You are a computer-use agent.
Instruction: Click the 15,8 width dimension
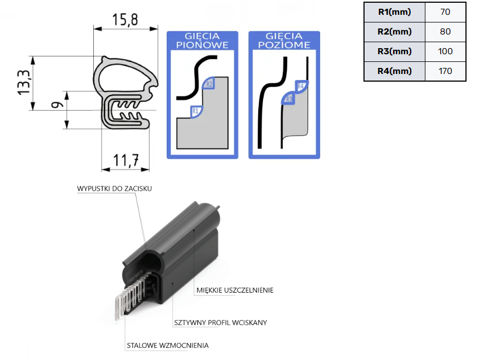point(125,20)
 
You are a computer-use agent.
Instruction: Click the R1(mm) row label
point(394,12)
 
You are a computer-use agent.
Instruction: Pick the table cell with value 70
point(445,12)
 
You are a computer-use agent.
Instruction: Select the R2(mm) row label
point(394,32)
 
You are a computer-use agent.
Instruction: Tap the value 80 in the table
point(445,32)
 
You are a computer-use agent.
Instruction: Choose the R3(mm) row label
point(394,52)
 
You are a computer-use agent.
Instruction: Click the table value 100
point(445,52)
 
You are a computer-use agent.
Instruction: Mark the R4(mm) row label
point(394,71)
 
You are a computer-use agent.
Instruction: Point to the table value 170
point(445,71)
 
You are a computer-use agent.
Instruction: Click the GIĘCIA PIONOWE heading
point(202,41)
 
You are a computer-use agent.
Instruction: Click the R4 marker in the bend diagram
point(300,86)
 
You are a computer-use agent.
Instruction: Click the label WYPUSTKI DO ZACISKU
point(114,188)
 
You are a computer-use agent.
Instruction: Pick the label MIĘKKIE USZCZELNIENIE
point(235,290)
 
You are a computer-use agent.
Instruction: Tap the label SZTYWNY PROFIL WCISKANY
point(220,323)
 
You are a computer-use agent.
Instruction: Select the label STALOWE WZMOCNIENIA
point(167,345)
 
